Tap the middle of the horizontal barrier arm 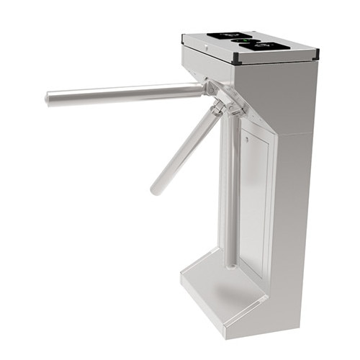coord(126,93)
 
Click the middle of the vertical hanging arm coord(232,194)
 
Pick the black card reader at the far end coord(229,35)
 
